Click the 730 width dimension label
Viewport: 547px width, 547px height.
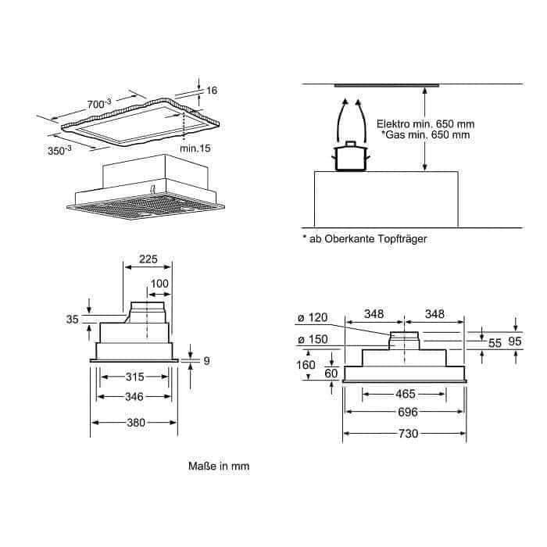(408, 434)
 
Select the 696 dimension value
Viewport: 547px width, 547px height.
(407, 412)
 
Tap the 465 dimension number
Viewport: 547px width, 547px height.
(406, 394)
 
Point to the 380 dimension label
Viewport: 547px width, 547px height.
(136, 423)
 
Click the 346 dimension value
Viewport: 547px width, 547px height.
(134, 397)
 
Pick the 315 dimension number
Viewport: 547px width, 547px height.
(134, 377)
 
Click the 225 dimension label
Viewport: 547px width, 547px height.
(148, 259)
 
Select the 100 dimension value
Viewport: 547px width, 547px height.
(159, 284)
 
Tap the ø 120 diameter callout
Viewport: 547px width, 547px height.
(313, 317)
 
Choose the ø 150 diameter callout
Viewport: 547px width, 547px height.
(313, 339)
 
